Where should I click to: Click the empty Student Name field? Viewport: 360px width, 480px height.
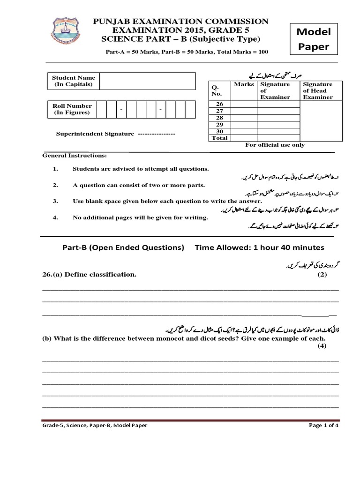pyautogui.click(x=147, y=81)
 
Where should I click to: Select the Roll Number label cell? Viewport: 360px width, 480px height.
pyautogui.click(x=72, y=109)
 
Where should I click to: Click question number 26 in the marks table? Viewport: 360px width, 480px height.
pyautogui.click(x=219, y=104)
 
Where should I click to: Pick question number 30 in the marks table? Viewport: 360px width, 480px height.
pyautogui.click(x=219, y=131)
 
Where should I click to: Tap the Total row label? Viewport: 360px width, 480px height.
pyautogui.click(x=219, y=138)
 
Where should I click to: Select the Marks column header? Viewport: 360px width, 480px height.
pyautogui.click(x=244, y=84)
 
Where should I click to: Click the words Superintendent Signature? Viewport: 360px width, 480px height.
pyautogui.click(x=95, y=134)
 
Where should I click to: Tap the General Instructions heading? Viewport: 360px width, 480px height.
pyautogui.click(x=75, y=155)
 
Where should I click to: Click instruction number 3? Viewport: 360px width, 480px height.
pyautogui.click(x=55, y=201)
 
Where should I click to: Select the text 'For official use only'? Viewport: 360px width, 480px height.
pyautogui.click(x=275, y=145)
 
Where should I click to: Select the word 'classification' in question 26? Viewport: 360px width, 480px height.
pyautogui.click(x=113, y=275)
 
